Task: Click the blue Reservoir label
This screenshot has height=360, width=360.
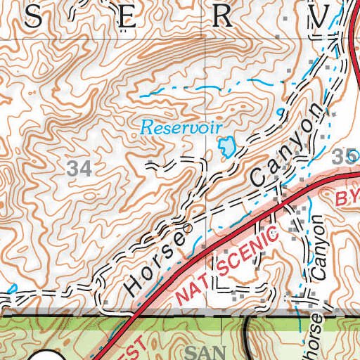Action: pos(181,128)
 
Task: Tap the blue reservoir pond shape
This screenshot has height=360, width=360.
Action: pos(226,146)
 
